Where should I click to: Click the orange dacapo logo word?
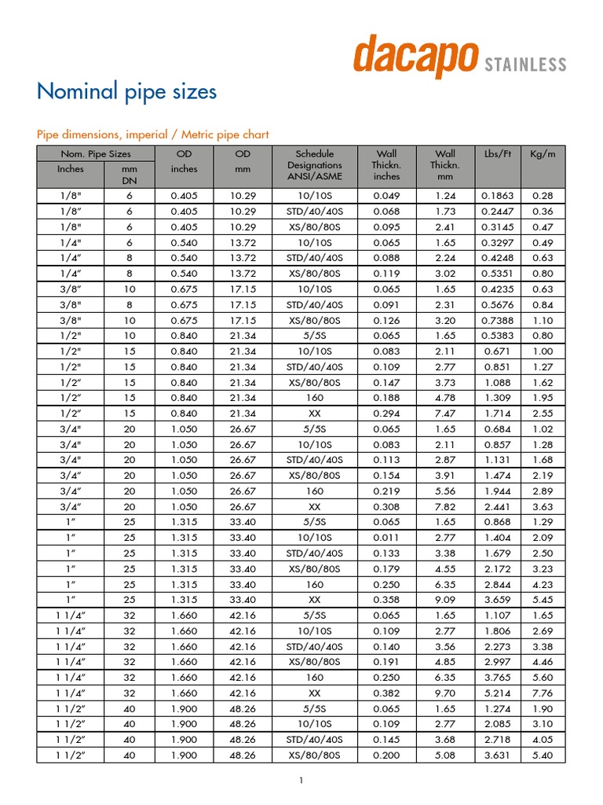coord(415,57)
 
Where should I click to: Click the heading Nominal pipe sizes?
coord(126,92)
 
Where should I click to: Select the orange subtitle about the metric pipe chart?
coord(153,134)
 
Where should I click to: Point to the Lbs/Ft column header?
coord(497,154)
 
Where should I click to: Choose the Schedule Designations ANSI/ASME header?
coord(314,165)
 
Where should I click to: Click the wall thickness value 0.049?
coord(386,196)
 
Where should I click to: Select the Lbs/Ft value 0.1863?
coord(497,196)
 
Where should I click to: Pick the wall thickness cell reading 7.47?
coord(444,414)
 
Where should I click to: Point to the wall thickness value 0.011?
coord(386,538)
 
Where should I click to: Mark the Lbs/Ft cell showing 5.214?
coord(497,693)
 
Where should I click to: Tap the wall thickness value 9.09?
coord(444,600)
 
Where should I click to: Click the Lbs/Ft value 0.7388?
coord(497,320)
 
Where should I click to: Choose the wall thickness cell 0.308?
coord(386,507)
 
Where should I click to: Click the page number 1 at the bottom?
coord(301,780)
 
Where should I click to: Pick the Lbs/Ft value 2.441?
coord(497,507)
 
